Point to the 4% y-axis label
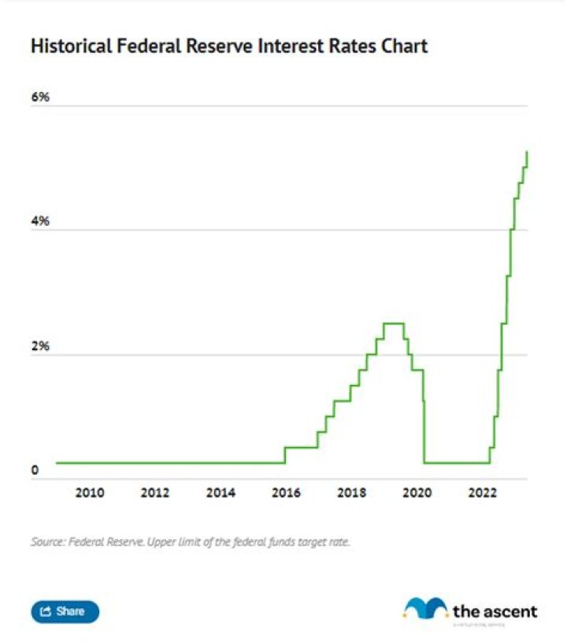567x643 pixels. (x=40, y=223)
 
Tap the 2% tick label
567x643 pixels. (x=40, y=347)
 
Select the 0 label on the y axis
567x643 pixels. (x=35, y=471)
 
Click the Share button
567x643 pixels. (x=65, y=612)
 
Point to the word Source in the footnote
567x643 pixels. (x=47, y=542)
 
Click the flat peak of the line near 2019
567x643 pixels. (x=394, y=323)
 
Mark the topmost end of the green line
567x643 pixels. (x=526, y=152)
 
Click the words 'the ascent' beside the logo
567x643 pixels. (x=495, y=611)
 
